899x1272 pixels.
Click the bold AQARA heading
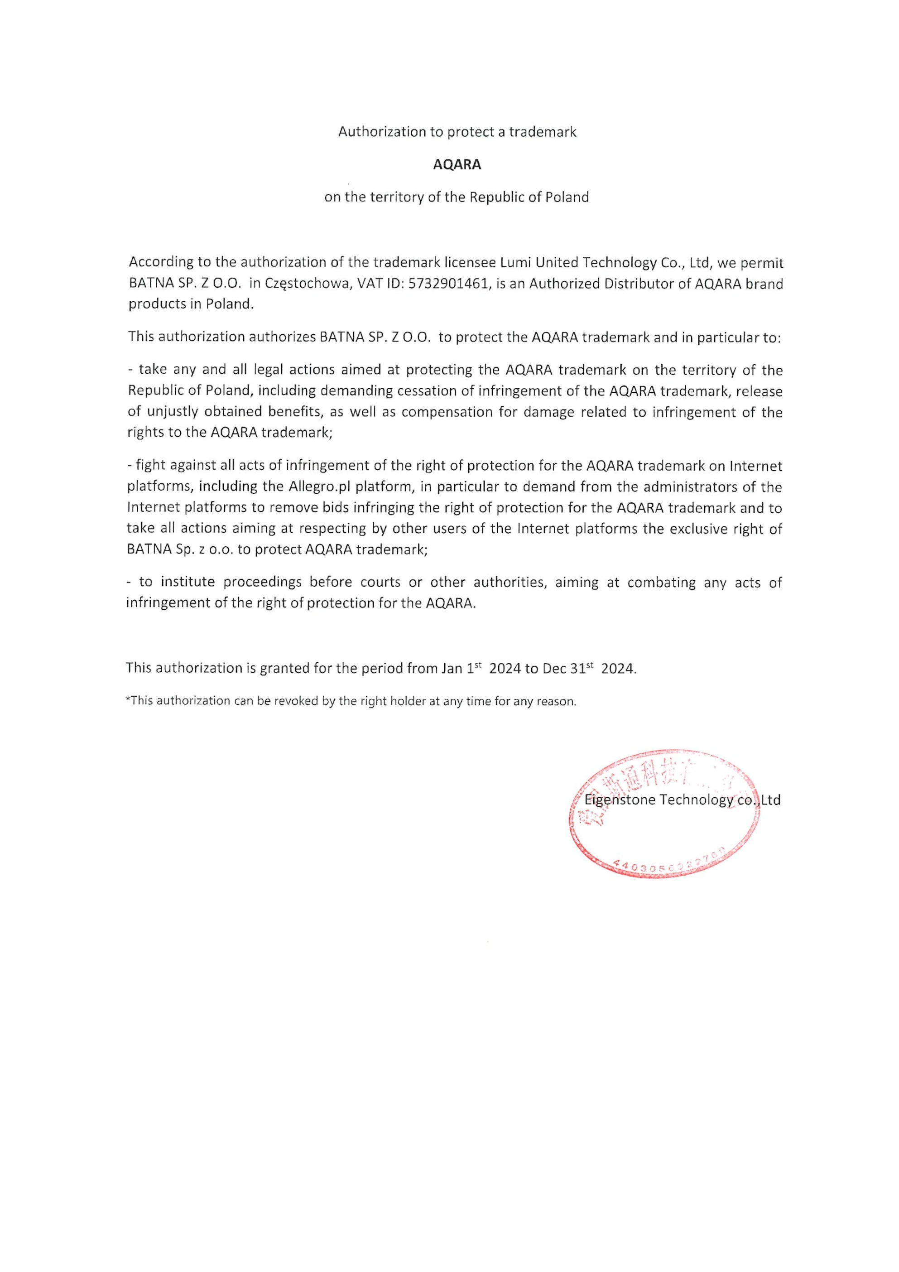tap(457, 165)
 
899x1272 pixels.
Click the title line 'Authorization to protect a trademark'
tap(457, 132)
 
